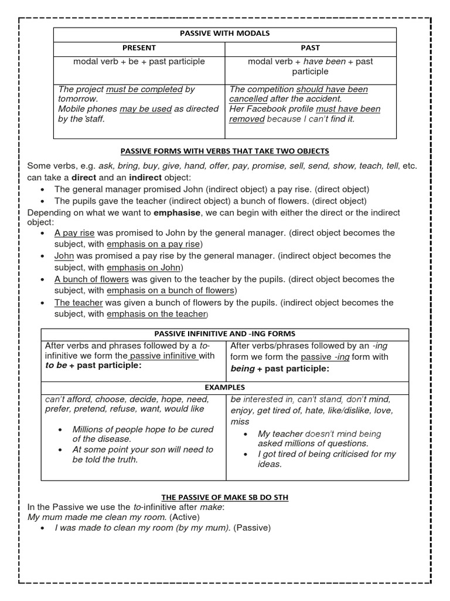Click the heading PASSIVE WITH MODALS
[225, 33]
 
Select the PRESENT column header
[139, 48]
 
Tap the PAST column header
[311, 48]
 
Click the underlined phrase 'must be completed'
[144, 89]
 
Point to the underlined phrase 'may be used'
[145, 109]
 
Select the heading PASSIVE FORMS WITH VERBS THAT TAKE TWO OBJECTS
[224, 151]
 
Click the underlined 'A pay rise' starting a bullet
[74, 232]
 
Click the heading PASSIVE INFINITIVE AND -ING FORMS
[224, 334]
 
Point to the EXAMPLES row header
[224, 387]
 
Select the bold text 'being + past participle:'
[280, 369]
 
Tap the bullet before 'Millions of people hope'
[62, 430]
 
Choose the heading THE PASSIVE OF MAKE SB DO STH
[224, 497]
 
